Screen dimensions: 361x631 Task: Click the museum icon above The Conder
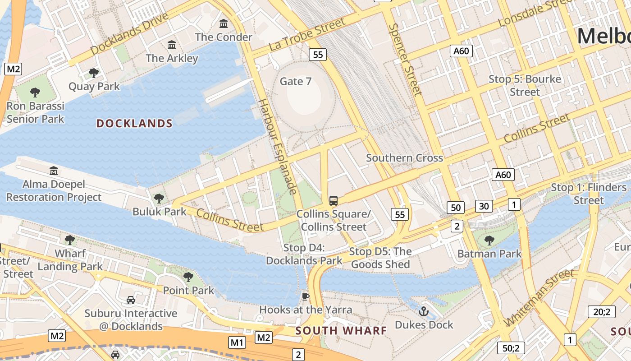[x=224, y=23]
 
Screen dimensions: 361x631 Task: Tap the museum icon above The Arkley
[x=172, y=45]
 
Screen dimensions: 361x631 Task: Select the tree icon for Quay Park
[x=94, y=73]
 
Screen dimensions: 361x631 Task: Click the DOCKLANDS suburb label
[x=134, y=124]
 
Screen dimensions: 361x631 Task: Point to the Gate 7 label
[x=296, y=81]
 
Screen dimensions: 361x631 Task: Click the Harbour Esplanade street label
[x=276, y=147]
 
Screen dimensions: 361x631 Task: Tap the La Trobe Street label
[x=307, y=34]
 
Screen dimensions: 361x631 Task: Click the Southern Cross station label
[x=404, y=158]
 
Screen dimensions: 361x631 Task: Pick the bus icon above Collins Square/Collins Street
[x=334, y=200]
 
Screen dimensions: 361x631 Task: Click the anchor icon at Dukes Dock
[x=423, y=311]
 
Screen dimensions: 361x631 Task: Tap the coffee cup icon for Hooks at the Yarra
[x=305, y=296]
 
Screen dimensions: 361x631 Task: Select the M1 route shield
[x=237, y=342]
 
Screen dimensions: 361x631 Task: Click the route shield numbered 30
[x=484, y=206]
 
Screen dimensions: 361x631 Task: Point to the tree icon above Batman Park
[x=489, y=240]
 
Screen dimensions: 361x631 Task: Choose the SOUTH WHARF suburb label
[x=341, y=331]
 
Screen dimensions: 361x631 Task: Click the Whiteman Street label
[x=539, y=298]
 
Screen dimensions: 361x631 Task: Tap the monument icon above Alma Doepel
[x=54, y=171]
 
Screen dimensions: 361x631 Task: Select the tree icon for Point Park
[x=188, y=277]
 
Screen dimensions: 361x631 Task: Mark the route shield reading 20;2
[x=601, y=312]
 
